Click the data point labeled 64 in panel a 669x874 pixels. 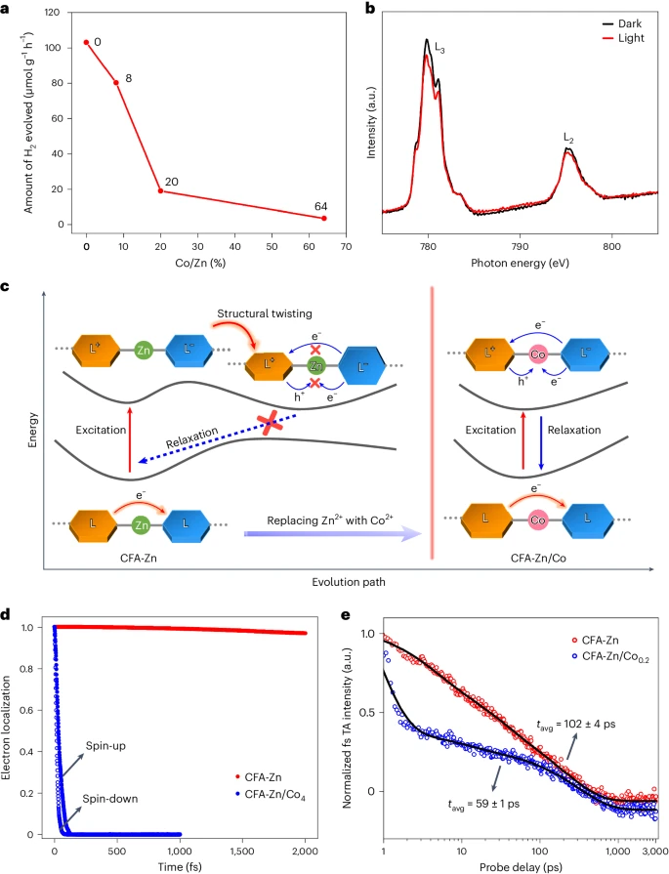pos(323,218)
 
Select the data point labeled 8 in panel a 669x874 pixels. pos(116,82)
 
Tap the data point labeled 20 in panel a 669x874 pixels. pos(161,190)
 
